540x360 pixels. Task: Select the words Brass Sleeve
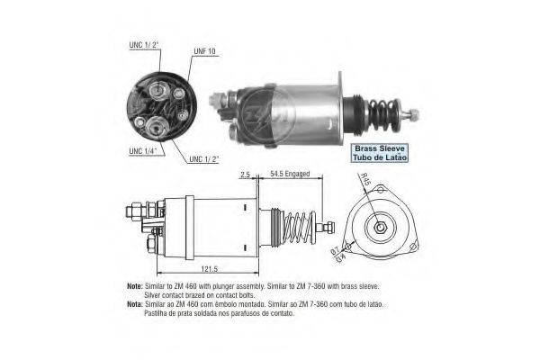[x=380, y=146]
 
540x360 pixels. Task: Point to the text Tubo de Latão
[x=380, y=157]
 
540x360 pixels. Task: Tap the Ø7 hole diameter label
[x=335, y=252]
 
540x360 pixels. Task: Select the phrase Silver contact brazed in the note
[x=176, y=295]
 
